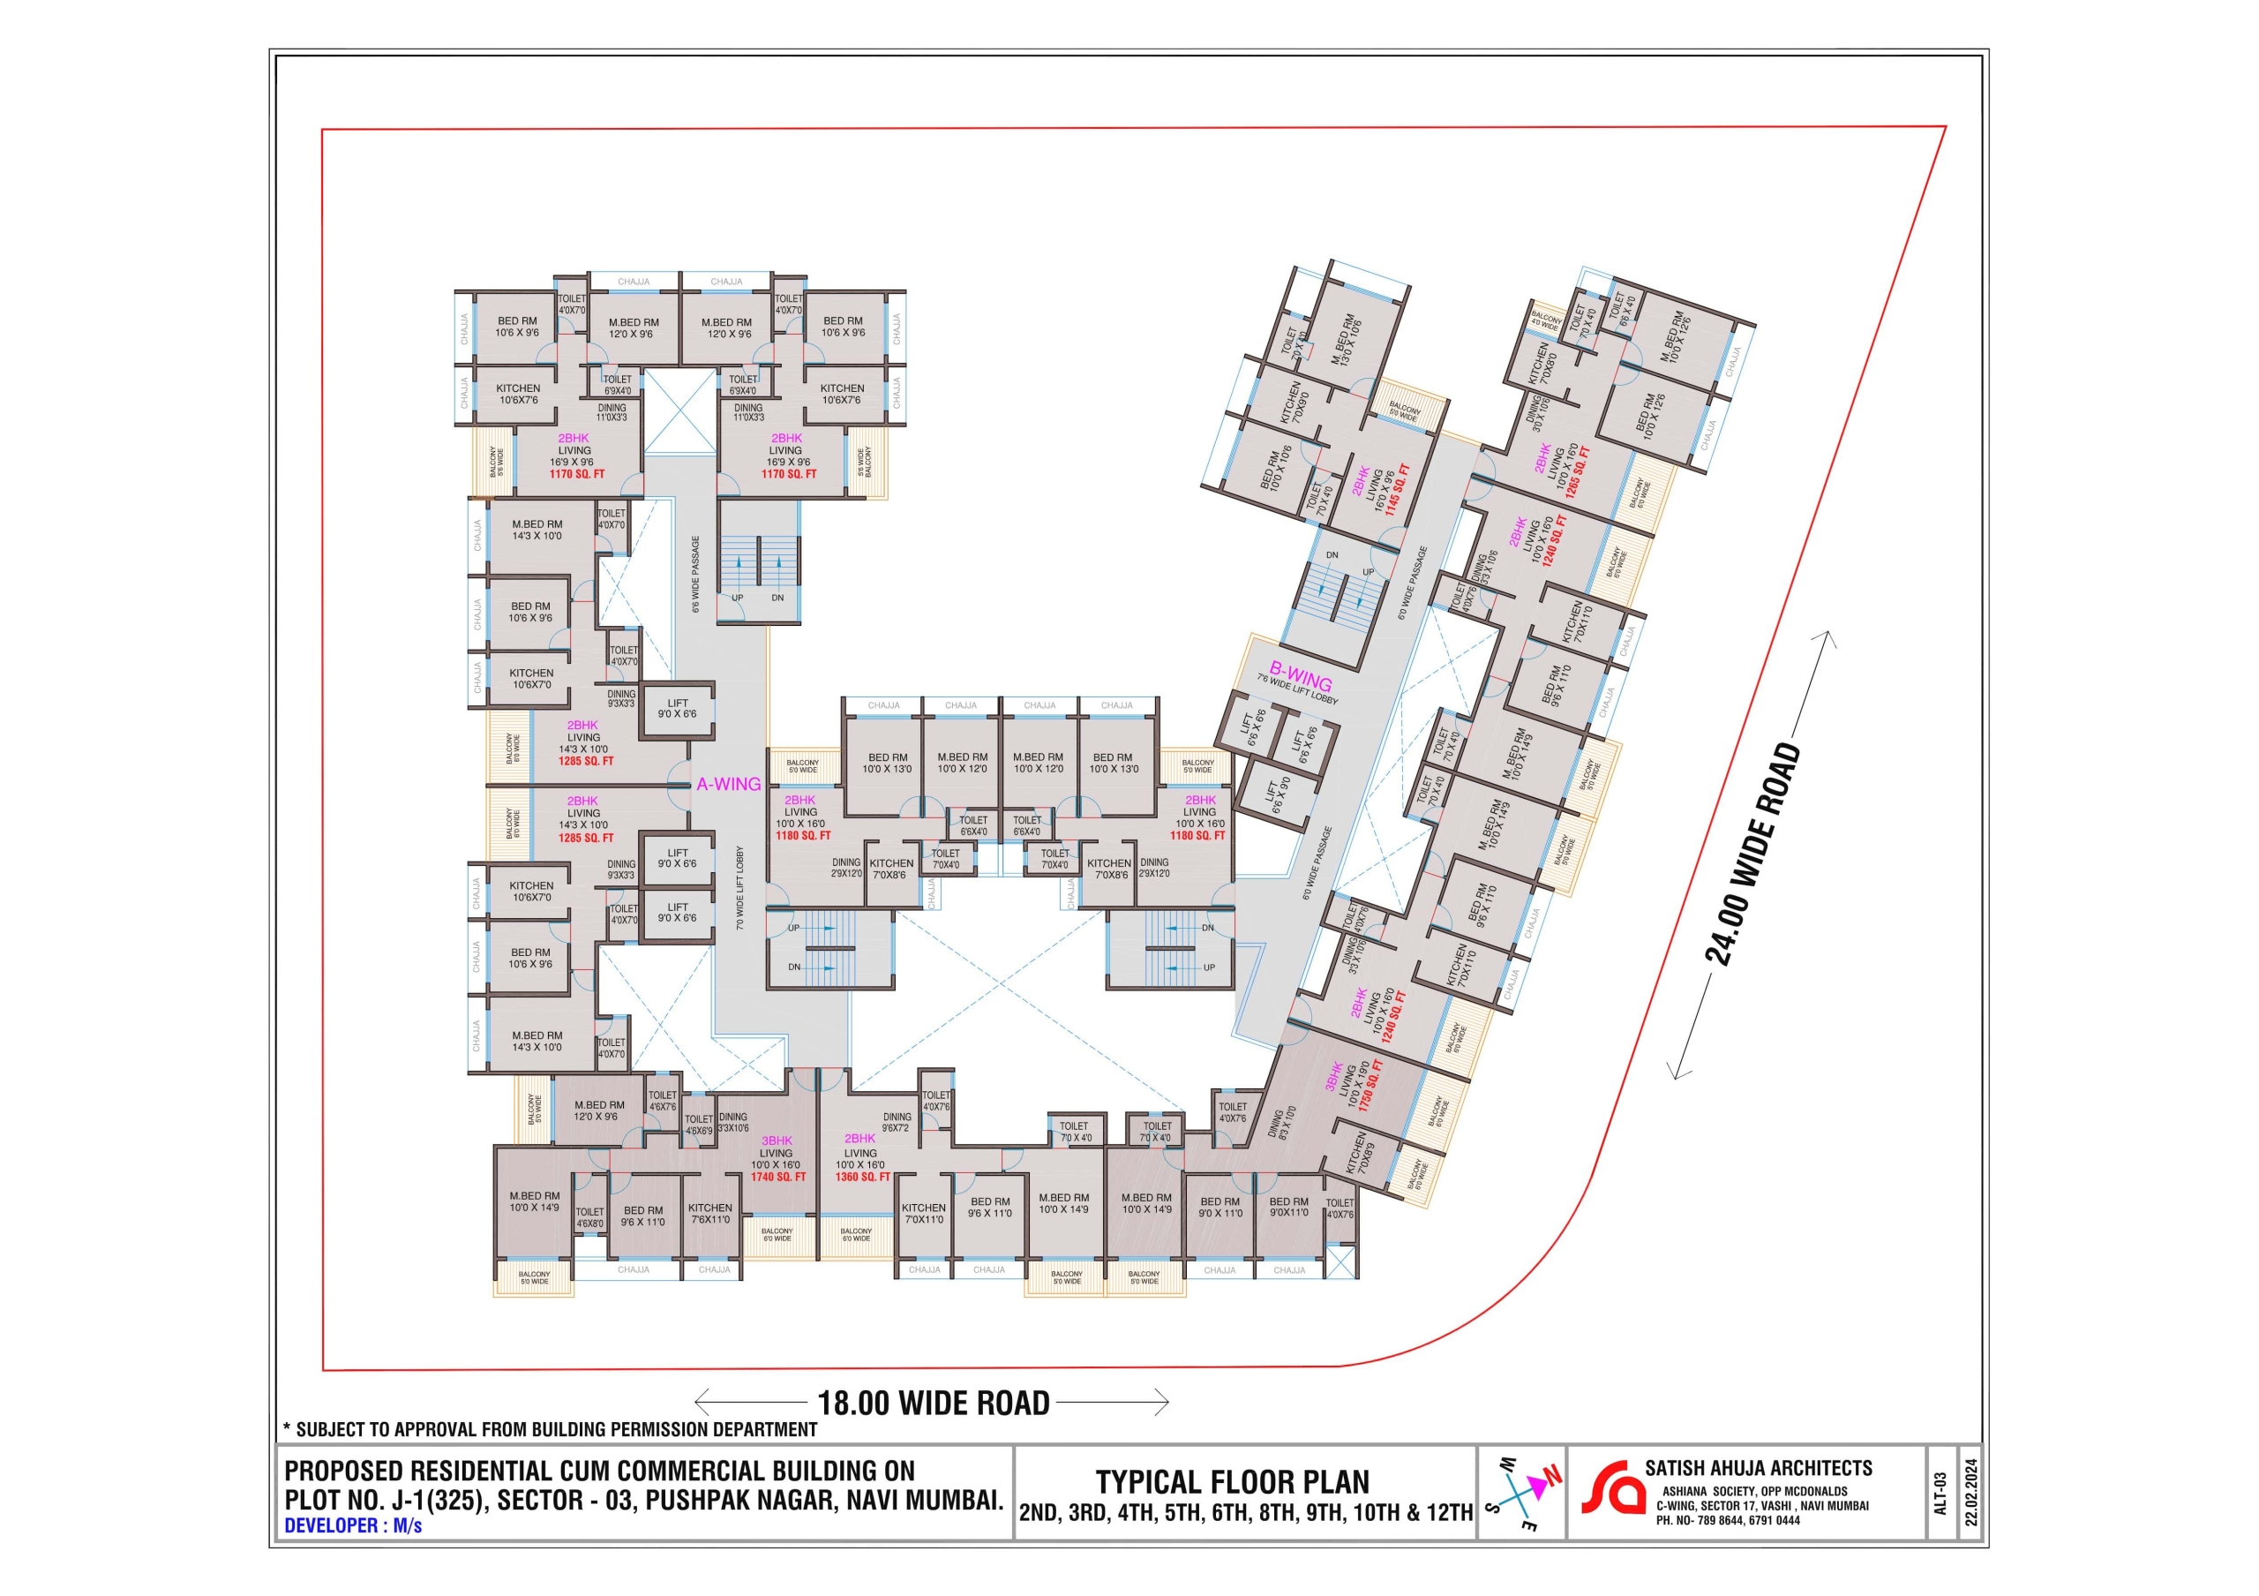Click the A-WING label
tap(728, 784)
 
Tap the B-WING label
tap(1300, 677)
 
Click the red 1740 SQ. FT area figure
tap(777, 1177)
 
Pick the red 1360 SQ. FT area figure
tap(862, 1177)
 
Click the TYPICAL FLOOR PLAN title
tap(1232, 1482)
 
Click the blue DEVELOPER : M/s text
tap(352, 1526)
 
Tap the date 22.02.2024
tap(1970, 1492)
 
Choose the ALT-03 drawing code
tap(1940, 1493)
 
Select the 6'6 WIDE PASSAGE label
tap(695, 575)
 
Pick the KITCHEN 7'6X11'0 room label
tap(709, 1213)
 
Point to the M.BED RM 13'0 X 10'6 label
tap(1346, 341)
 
